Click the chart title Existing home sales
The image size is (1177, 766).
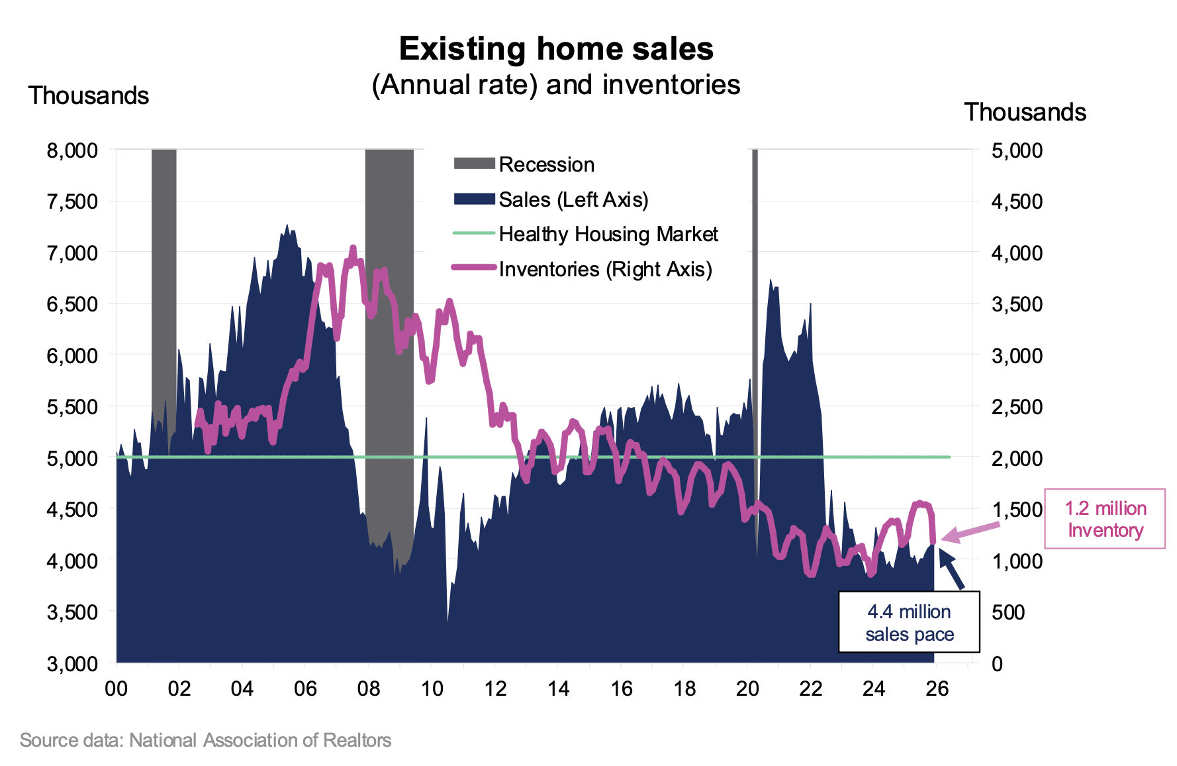(556, 49)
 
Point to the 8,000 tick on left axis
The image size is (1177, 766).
(72, 150)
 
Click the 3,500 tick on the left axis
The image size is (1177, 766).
(72, 612)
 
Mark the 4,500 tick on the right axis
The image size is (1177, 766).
(1017, 201)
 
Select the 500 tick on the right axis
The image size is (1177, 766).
(1008, 612)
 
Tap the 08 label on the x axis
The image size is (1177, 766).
(369, 688)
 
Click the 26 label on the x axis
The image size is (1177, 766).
(937, 688)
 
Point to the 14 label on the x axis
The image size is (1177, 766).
(558, 688)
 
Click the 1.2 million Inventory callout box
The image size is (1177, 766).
(1105, 519)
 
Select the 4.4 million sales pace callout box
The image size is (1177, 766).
(909, 622)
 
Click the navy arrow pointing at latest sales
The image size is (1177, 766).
(951, 569)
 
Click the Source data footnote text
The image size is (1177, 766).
(205, 740)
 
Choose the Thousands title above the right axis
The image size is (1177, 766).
(1025, 112)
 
